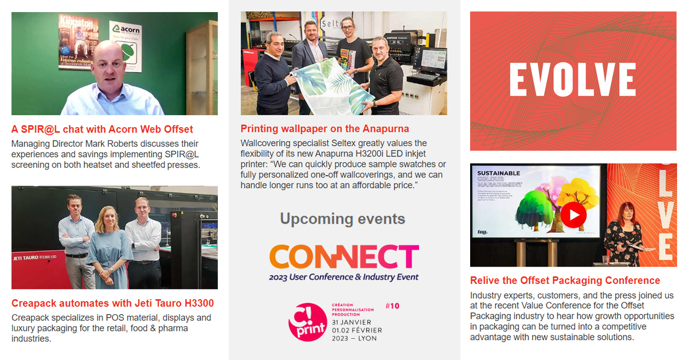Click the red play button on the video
[x=573, y=215]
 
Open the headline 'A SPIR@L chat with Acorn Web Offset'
[x=102, y=129]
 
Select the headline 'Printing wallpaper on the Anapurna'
[x=325, y=128]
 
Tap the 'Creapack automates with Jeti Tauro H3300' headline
[x=112, y=303]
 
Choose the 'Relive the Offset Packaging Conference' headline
[x=565, y=280]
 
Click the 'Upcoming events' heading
[x=342, y=218]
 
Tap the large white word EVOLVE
[x=573, y=79]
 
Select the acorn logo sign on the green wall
[x=126, y=46]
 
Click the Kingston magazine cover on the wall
[x=78, y=41]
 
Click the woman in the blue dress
[x=109, y=244]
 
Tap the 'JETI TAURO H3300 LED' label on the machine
[x=34, y=257]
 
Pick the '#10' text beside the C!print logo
[x=392, y=306]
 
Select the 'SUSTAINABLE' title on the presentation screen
[x=498, y=173]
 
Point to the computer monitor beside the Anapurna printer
[x=433, y=60]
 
